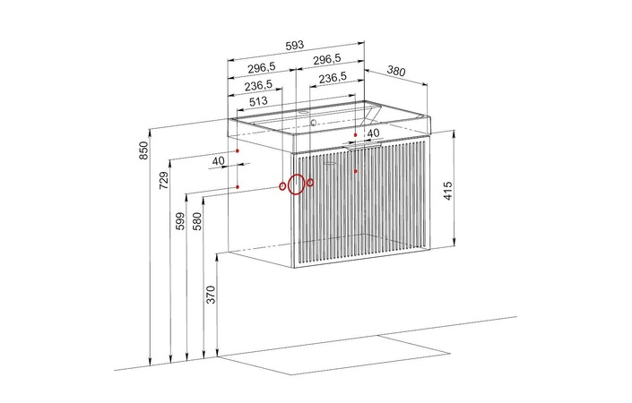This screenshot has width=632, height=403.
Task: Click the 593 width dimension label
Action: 295,45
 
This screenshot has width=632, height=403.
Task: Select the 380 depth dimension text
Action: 396,71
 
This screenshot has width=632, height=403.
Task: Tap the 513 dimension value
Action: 258,101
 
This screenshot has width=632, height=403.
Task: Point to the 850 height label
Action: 144,150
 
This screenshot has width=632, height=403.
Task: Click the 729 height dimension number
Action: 163,180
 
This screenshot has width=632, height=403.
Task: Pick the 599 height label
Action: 180,221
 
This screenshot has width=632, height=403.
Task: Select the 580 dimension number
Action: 196,221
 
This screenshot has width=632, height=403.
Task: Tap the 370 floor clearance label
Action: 211,295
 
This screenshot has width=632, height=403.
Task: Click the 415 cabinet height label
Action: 448,191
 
